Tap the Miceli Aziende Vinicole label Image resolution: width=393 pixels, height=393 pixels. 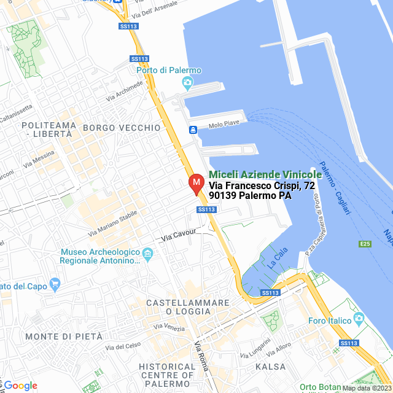pyautogui.click(x=265, y=175)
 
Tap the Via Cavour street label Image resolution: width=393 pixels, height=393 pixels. pyautogui.click(x=178, y=233)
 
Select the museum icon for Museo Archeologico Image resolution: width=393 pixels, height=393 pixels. pyautogui.click(x=147, y=254)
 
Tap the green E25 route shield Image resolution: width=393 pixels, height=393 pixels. pyautogui.click(x=365, y=244)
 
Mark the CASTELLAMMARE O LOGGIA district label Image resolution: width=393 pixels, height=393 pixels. pyautogui.click(x=187, y=308)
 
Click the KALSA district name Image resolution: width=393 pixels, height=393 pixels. pyautogui.click(x=271, y=367)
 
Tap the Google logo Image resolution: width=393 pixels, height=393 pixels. pyautogui.click(x=20, y=386)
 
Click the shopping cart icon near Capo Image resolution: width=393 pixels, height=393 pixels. pyautogui.click(x=55, y=285)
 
